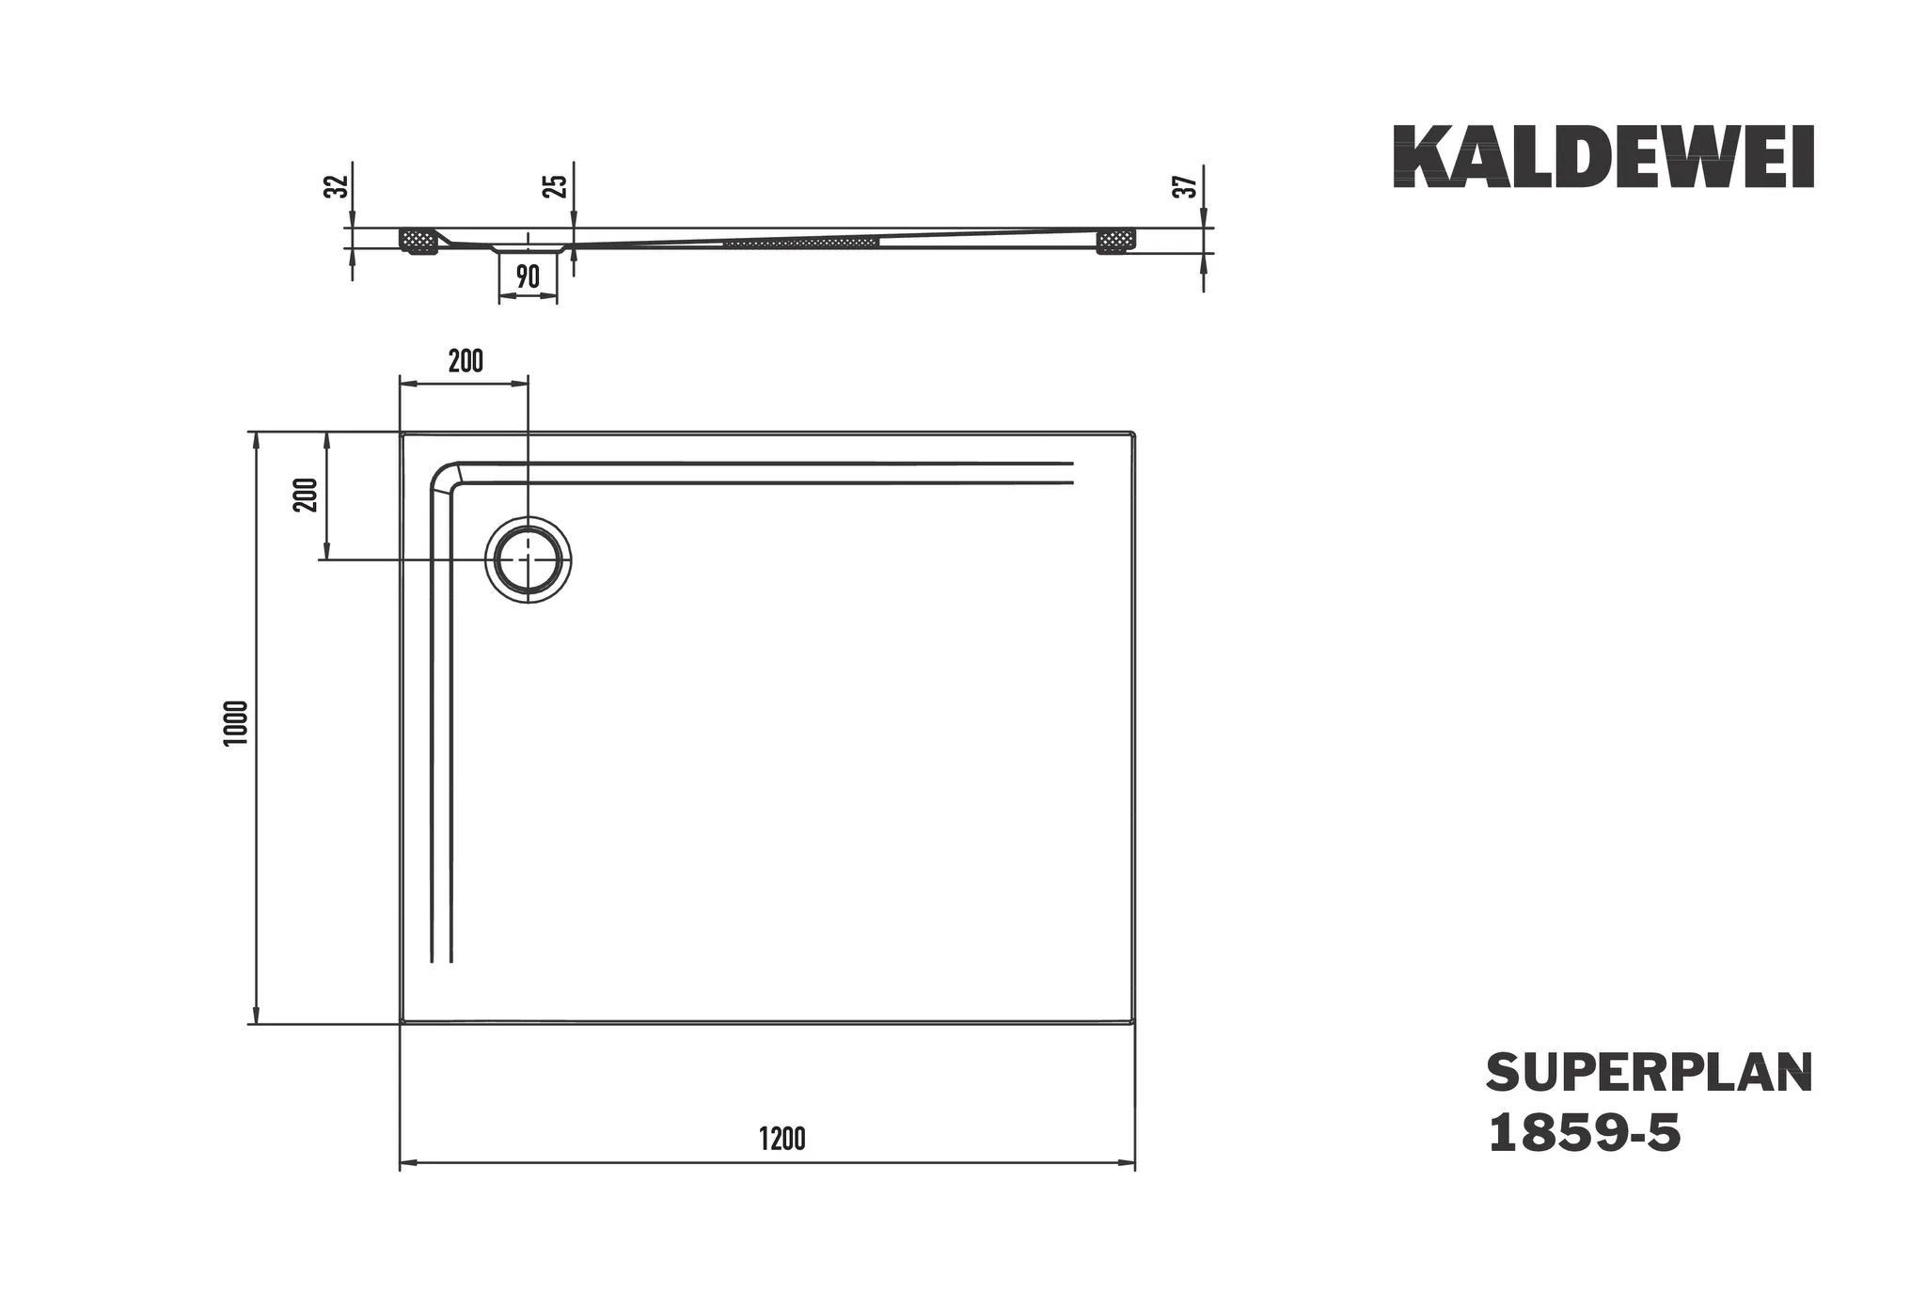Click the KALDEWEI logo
1602,157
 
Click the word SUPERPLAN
1649,1073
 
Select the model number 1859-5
1584,1133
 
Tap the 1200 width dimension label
781,1139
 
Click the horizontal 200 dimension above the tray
466,361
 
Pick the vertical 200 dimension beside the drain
307,495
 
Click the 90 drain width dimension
528,276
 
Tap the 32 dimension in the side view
336,186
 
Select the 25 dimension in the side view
558,185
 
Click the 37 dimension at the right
1188,186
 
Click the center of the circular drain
528,559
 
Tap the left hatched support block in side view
419,241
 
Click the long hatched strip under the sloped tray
801,243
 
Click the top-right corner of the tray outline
1134,433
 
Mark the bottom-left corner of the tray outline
402,1022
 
